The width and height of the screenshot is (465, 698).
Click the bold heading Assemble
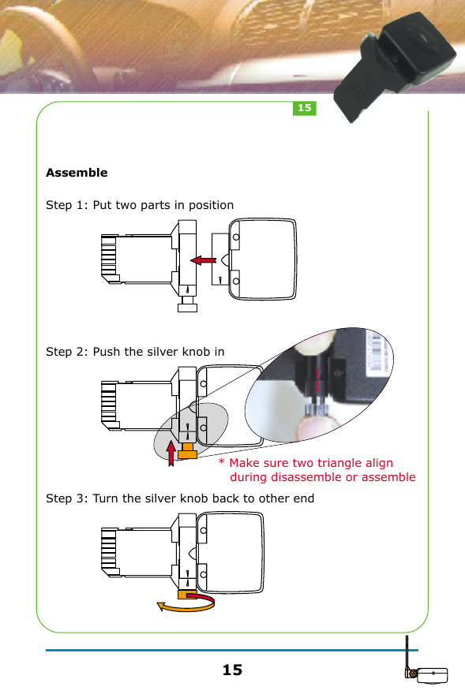(77, 173)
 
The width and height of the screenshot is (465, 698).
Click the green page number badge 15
(305, 108)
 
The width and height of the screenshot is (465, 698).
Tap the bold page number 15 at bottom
(232, 670)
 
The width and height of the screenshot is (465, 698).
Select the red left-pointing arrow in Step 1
(206, 259)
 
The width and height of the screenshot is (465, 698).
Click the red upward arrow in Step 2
(171, 452)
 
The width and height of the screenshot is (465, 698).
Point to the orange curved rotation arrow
(186, 604)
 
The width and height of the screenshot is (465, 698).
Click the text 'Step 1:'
(67, 205)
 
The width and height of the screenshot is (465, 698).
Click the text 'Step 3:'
(67, 498)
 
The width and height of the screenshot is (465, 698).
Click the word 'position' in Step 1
(211, 205)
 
